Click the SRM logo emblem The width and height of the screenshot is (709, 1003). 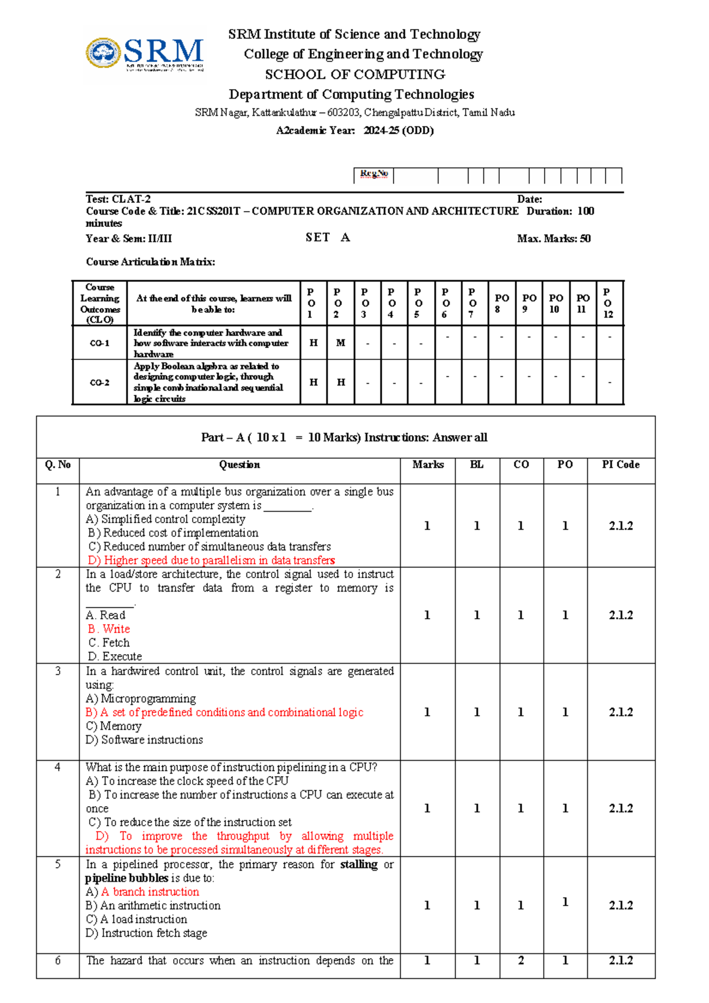point(104,53)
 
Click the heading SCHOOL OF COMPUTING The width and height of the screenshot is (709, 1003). point(354,74)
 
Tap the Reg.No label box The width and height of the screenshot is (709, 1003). point(373,174)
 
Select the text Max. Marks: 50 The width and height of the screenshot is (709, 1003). point(553,239)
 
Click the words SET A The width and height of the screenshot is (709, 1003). point(327,238)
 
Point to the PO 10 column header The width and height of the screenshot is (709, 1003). point(555,303)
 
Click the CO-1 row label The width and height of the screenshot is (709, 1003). point(99,343)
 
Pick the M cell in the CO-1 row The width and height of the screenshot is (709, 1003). point(340,343)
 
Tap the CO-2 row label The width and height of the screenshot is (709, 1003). point(99,383)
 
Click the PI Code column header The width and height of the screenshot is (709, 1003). point(620,465)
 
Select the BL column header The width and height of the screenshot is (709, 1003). point(476,465)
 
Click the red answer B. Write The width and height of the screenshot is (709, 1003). point(109,629)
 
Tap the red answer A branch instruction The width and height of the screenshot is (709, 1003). point(149,892)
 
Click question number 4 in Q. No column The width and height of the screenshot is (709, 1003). point(57,768)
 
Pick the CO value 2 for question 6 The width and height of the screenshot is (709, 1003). point(521,961)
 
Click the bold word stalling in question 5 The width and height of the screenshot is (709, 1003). point(359,865)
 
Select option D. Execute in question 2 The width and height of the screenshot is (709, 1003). point(115,657)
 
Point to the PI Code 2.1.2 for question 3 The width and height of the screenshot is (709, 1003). point(620,713)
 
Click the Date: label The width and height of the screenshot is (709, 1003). point(529,200)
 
